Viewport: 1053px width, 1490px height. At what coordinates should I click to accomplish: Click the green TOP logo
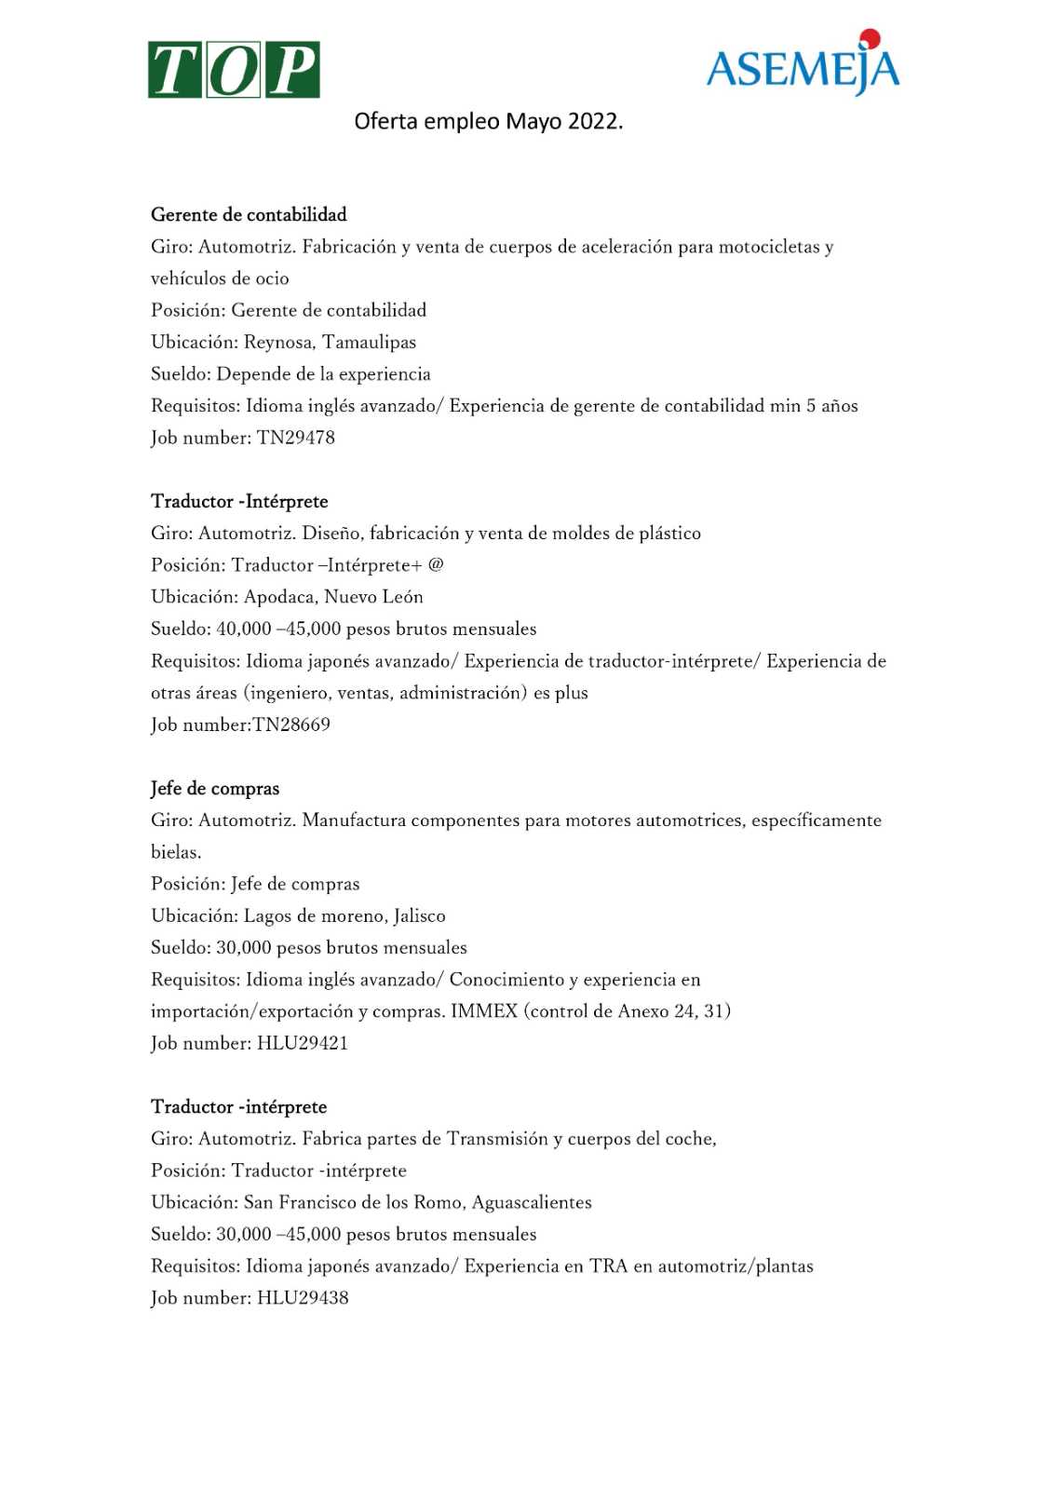pyautogui.click(x=234, y=70)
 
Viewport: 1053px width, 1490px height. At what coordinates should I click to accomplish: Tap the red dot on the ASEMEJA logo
pyautogui.click(x=870, y=39)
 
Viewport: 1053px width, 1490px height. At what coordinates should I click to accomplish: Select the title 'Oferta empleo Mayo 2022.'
pyautogui.click(x=488, y=122)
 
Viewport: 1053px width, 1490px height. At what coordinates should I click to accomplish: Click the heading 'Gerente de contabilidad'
pyautogui.click(x=249, y=215)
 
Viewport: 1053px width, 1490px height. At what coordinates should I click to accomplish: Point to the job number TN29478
pyautogui.click(x=296, y=438)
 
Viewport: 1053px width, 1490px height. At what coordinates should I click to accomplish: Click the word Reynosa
pyautogui.click(x=277, y=343)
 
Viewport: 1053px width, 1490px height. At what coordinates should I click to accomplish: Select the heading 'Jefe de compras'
pyautogui.click(x=215, y=789)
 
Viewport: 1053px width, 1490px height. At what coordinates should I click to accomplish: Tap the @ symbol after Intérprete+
pyautogui.click(x=436, y=564)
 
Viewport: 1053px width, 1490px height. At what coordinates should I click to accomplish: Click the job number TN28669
pyautogui.click(x=291, y=725)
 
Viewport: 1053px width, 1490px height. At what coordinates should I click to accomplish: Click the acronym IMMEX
pyautogui.click(x=484, y=1011)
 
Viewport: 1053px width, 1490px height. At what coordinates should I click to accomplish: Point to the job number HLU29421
pyautogui.click(x=303, y=1043)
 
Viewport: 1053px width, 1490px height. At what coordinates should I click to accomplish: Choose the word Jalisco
pyautogui.click(x=419, y=916)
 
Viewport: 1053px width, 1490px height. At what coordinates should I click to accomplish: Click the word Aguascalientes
pyautogui.click(x=532, y=1203)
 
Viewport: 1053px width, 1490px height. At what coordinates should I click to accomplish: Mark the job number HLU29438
pyautogui.click(x=303, y=1298)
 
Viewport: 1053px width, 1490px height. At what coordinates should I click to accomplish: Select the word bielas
pyautogui.click(x=175, y=852)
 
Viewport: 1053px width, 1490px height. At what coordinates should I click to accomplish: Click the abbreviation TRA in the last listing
pyautogui.click(x=609, y=1266)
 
